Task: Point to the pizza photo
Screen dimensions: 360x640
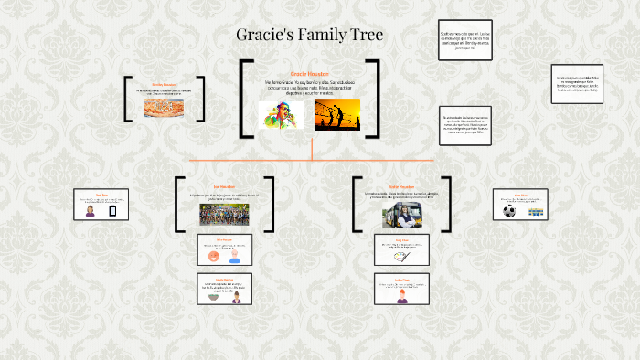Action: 165,108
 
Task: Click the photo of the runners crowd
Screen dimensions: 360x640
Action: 224,214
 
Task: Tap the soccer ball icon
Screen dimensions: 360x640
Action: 509,210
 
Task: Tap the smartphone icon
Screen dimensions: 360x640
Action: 113,211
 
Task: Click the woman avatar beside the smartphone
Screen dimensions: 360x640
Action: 91,211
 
